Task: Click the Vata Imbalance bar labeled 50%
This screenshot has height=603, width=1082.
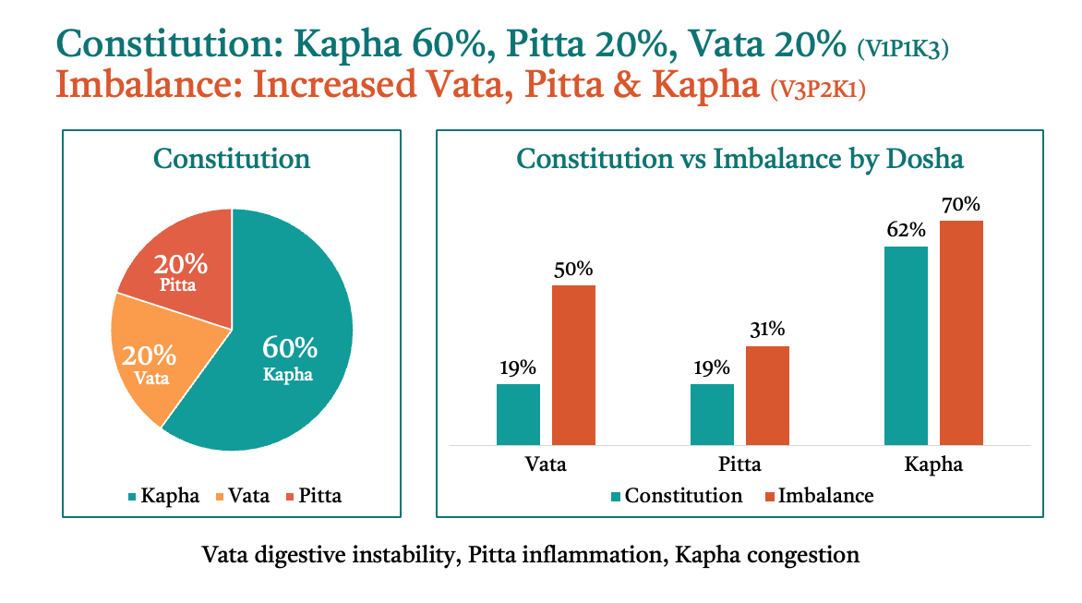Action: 573,365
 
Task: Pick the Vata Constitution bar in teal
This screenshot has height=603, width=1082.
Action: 518,415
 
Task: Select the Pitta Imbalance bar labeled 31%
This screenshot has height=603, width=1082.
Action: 767,395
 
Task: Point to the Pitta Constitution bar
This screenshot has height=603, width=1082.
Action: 712,415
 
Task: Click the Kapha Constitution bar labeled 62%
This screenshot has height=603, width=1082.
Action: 906,345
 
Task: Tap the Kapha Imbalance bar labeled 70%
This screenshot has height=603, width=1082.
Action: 961,333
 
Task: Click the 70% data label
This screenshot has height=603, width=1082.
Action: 961,204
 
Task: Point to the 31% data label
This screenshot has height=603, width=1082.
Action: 767,329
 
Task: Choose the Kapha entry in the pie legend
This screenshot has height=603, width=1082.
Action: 163,495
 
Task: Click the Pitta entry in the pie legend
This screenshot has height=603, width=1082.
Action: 314,495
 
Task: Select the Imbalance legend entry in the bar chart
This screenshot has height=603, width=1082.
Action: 819,495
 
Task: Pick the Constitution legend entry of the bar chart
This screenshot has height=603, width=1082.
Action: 677,495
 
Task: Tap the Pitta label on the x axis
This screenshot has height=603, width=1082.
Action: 739,464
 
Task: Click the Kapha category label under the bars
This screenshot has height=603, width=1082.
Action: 933,464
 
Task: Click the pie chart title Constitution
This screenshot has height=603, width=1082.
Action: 232,159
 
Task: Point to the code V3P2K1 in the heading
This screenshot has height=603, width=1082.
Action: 818,89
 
